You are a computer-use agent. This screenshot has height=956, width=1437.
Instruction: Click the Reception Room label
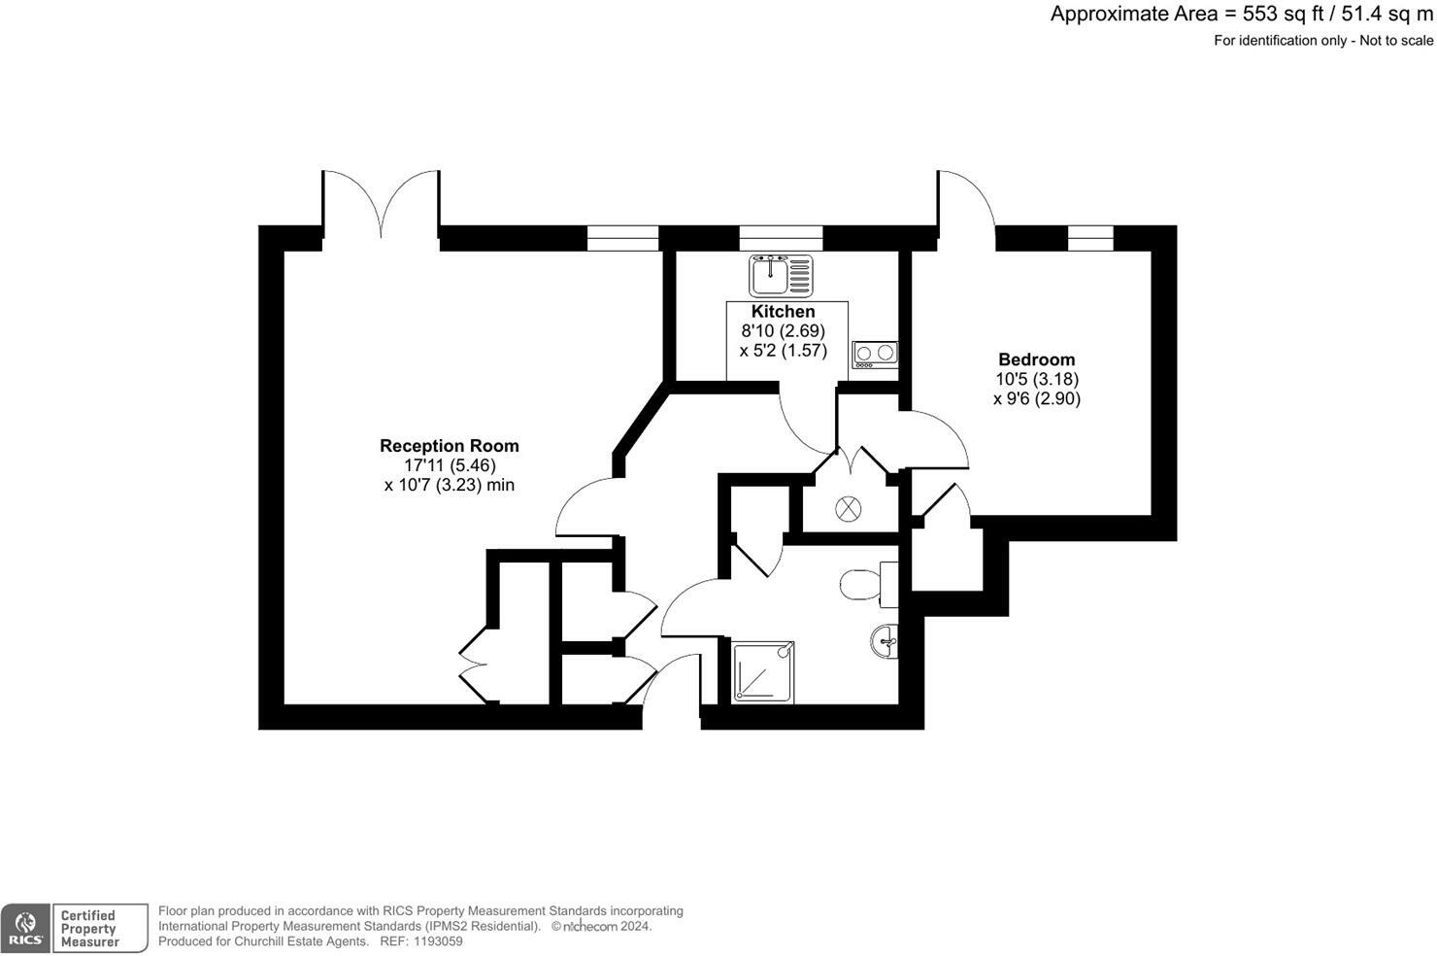tap(449, 446)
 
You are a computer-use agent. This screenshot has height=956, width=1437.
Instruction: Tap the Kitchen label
tap(783, 312)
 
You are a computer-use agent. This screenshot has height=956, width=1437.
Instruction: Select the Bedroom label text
tap(1036, 359)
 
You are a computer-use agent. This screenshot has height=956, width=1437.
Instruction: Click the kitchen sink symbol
tap(781, 276)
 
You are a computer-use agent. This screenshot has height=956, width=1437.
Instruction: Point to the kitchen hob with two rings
tap(874, 356)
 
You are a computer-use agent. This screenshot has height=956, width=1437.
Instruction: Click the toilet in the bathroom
tap(860, 585)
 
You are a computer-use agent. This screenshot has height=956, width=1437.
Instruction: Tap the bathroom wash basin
tap(885, 641)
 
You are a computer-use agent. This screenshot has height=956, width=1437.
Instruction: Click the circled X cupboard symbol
tap(849, 507)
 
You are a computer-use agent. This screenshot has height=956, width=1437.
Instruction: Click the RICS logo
tap(25, 929)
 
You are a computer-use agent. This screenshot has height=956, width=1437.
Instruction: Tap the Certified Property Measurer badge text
tap(89, 929)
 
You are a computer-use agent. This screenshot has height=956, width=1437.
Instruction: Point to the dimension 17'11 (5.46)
tap(450, 465)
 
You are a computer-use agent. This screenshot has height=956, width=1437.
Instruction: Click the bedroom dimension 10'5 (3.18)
tap(1036, 379)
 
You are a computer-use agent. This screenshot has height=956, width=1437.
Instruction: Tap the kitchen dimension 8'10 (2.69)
tap(783, 331)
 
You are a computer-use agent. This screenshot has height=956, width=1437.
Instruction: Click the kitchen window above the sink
tap(781, 237)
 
